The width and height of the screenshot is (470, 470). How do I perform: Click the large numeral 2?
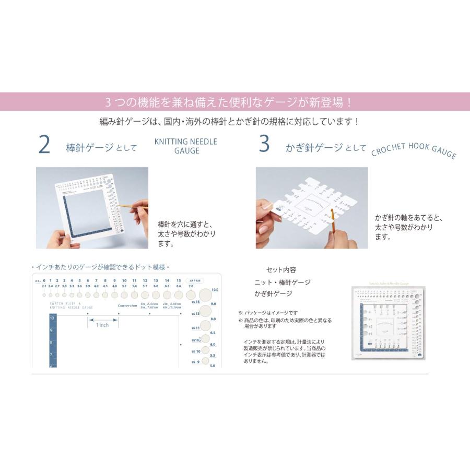tap(44, 146)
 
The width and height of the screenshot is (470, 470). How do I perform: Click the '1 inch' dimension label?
tap(102, 325)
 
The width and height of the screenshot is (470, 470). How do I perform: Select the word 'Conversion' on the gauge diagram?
tap(127, 305)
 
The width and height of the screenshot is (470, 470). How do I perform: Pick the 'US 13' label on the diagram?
tap(196, 314)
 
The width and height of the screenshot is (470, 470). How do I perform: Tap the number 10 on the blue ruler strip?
tap(53, 318)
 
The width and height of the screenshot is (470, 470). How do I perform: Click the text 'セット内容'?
tap(281, 270)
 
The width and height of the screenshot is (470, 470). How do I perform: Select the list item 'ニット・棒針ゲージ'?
tap(282, 282)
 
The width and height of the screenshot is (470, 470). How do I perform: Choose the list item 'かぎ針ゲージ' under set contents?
tap(273, 293)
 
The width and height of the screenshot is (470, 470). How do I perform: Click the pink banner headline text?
tap(235, 101)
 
